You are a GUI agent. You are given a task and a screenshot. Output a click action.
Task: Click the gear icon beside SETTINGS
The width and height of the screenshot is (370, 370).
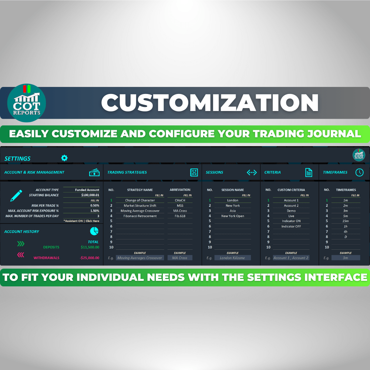tap(64, 158)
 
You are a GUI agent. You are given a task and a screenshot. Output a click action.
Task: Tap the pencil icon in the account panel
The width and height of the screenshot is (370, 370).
tap(16, 196)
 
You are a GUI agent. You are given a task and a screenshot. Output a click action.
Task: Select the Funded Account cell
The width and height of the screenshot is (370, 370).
tap(87, 190)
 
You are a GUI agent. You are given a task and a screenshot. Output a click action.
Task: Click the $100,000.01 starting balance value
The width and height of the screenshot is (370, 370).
tap(90, 195)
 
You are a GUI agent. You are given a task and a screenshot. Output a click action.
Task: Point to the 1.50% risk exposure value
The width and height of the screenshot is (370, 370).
tap(95, 211)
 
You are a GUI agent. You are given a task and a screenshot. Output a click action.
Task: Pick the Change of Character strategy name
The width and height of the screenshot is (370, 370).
tap(140, 200)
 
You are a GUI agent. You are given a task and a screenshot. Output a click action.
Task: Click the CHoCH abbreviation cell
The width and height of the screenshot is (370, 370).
tap(180, 200)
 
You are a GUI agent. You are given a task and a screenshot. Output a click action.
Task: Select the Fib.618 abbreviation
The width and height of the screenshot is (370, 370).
tap(180, 216)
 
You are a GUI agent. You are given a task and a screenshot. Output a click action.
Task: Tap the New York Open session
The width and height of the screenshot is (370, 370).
tap(233, 216)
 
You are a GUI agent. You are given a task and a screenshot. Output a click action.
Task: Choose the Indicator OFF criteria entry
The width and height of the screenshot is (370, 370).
tap(291, 226)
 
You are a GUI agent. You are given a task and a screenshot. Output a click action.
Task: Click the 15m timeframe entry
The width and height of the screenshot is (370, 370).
tap(346, 221)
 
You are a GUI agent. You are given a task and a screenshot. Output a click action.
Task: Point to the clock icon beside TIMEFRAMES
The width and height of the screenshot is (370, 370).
tap(359, 172)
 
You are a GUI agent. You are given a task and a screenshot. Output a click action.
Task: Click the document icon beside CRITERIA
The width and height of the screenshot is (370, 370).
tap(309, 172)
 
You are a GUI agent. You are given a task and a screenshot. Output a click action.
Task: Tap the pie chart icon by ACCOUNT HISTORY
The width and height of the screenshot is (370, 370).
tap(94, 231)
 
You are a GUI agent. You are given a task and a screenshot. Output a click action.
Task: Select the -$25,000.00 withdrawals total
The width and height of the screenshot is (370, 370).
tap(90, 258)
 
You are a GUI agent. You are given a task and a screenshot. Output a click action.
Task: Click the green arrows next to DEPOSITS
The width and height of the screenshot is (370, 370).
tap(21, 243)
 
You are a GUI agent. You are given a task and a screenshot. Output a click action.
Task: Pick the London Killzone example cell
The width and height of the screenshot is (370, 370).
tap(232, 258)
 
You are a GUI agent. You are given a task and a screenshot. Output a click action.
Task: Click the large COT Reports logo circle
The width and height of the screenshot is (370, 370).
tap(26, 103)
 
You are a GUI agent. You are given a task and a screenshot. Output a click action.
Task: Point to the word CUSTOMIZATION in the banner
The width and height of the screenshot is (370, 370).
tap(210, 102)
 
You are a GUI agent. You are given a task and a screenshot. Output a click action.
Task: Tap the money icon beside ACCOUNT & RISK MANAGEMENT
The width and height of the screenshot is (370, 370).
tap(94, 172)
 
